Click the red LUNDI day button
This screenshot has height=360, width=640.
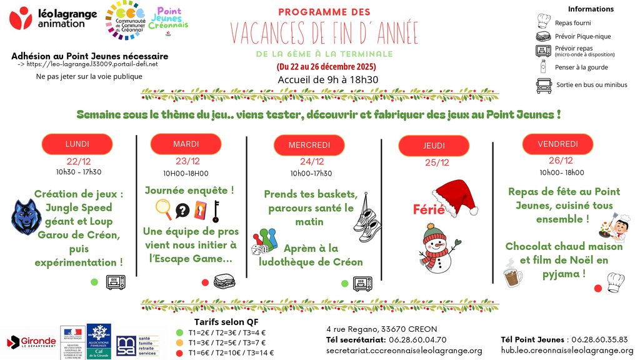77,144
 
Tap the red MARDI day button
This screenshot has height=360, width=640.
186,144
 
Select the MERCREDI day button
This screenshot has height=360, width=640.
309,145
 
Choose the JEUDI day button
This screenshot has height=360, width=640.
434,146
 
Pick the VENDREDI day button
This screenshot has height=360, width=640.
557,144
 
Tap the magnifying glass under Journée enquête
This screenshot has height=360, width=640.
163,209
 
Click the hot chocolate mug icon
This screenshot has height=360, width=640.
513,274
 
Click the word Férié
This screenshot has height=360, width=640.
428,209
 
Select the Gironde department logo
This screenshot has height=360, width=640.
31,342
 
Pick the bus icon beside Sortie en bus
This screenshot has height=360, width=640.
543,85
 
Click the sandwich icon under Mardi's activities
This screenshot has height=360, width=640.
224,282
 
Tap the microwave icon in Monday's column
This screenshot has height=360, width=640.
116,282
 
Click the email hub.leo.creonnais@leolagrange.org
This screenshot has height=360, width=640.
567,351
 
